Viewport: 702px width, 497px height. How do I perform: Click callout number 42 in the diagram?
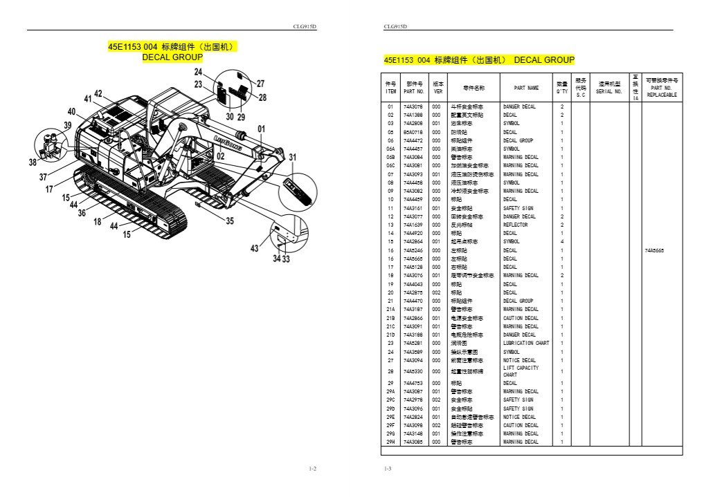(98, 93)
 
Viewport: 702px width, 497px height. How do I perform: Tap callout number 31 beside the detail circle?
(292, 157)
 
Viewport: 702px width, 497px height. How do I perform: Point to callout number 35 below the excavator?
(230, 221)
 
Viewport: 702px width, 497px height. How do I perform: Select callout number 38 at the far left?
(33, 162)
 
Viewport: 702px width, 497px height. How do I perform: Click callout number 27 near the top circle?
(260, 84)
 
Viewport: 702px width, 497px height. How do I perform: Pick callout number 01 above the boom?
(261, 129)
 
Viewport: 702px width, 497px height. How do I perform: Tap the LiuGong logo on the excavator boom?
(226, 142)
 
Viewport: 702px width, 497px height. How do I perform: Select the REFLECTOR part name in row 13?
(515, 225)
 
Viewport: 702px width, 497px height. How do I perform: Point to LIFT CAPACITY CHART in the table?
(520, 371)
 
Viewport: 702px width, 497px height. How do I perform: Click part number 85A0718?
(413, 131)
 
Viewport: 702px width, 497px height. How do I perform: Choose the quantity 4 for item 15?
(561, 241)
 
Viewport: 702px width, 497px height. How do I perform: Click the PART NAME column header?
(526, 88)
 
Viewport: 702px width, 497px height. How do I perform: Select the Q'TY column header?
(561, 88)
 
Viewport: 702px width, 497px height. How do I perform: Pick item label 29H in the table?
(390, 442)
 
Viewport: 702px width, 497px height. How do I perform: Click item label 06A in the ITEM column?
(390, 149)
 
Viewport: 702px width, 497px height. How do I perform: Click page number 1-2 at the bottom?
(312, 469)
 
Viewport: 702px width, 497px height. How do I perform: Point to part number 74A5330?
(413, 371)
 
